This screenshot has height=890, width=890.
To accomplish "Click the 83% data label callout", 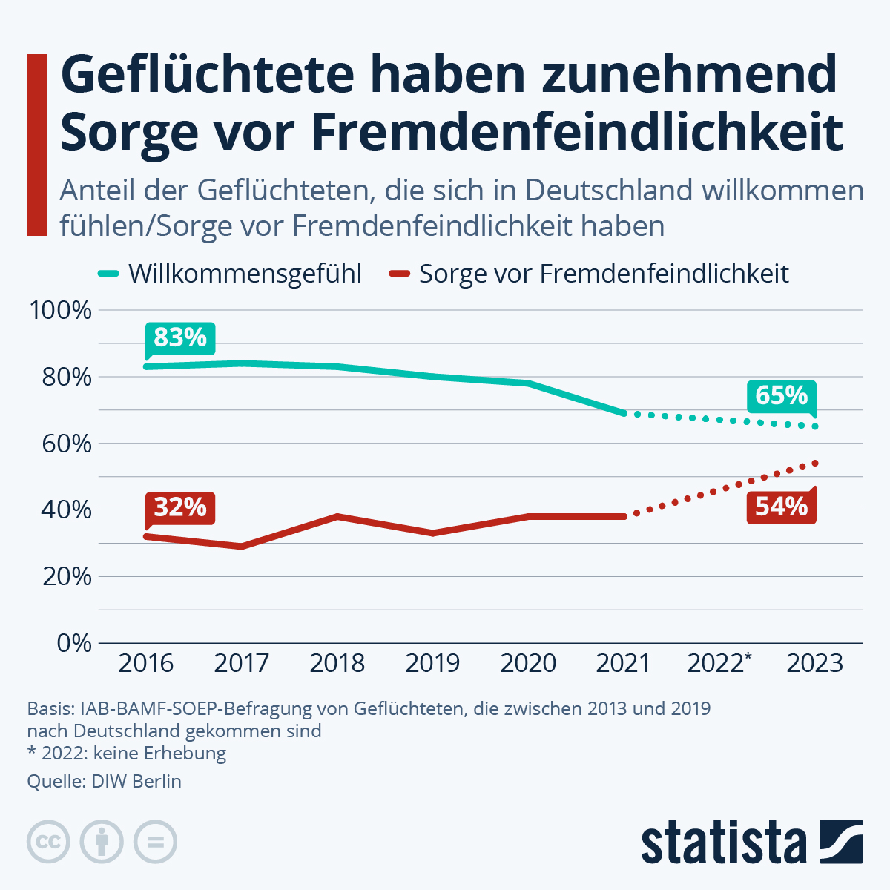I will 180,338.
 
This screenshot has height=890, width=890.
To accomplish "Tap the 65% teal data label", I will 781,396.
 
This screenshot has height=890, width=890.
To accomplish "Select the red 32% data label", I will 180,507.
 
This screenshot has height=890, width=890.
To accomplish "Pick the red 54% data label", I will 781,507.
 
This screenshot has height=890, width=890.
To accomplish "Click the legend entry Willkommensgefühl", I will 244,274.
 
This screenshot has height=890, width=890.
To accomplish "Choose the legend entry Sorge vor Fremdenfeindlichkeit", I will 603,274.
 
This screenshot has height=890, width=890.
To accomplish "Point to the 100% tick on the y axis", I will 60,310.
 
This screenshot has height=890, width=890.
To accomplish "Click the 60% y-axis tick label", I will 66,444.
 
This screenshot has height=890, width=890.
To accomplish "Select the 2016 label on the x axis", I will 146,663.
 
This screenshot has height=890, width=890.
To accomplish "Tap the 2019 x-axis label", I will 432,663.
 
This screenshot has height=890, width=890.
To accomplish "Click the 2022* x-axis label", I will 719,662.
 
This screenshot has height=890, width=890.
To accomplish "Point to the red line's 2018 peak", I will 337,516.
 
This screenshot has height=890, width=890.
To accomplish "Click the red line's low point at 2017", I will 242,547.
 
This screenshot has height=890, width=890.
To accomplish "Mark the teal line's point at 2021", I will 624,413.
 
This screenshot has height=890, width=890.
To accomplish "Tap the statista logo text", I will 724,843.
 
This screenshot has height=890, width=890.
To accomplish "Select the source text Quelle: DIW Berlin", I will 104,781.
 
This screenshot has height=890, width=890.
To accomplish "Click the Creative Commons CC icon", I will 48,843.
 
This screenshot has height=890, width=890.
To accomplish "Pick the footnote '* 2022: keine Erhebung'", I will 126,754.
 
